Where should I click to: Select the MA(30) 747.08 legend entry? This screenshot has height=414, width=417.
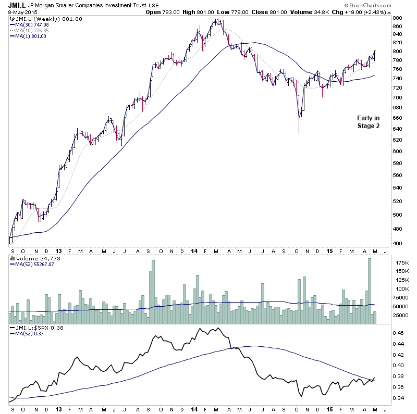(33, 24)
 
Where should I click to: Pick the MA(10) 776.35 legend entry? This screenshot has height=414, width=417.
(33, 30)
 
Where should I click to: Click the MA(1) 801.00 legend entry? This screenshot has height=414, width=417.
(32, 35)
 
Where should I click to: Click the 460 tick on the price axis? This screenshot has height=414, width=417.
(397, 244)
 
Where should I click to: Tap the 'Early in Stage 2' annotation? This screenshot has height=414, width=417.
(369, 122)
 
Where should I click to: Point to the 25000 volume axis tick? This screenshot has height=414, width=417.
(401, 315)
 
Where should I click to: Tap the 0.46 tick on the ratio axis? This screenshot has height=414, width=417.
(398, 332)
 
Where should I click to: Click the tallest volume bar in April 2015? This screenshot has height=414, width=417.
(369, 292)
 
